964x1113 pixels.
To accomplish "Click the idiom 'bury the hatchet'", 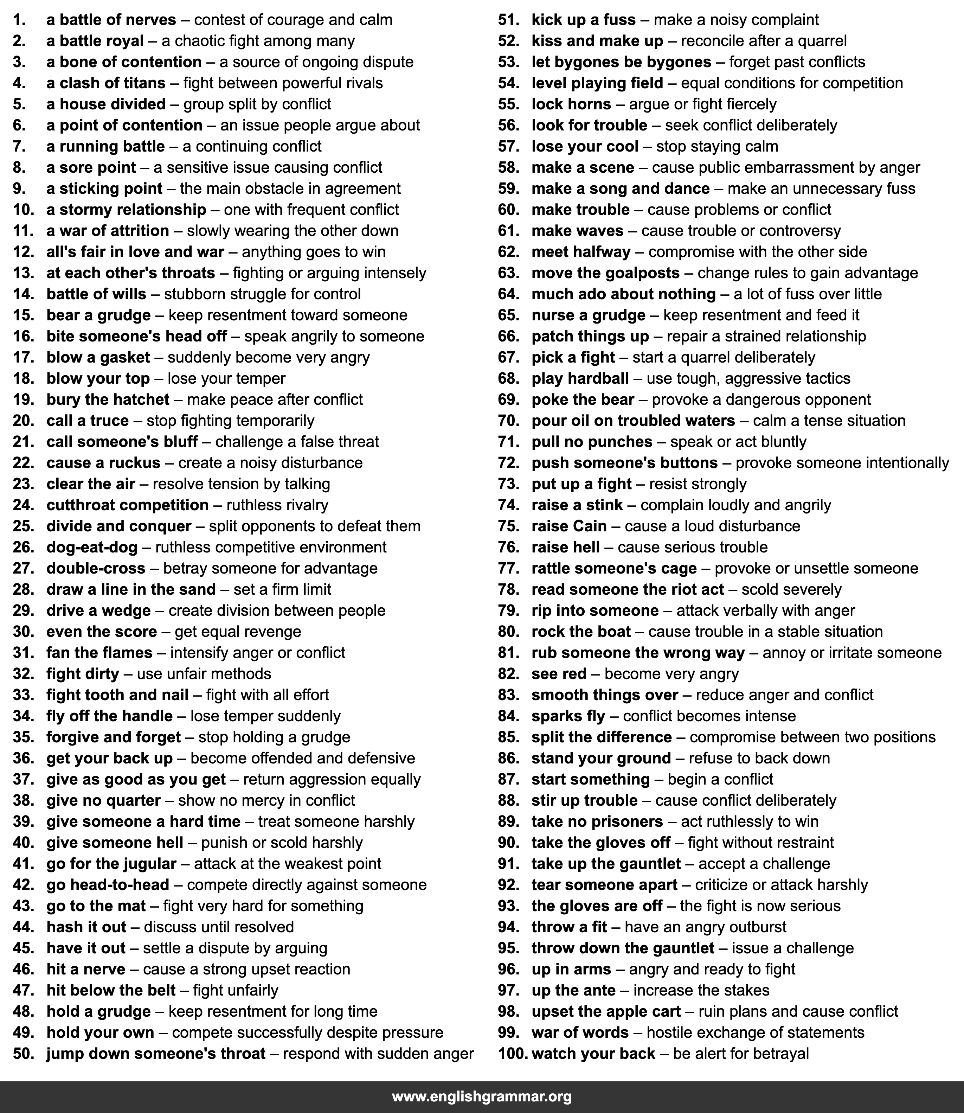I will pyautogui.click(x=108, y=400).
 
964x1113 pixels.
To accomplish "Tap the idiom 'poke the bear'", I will pyautogui.click(x=583, y=400).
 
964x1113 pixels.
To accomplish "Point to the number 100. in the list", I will pyautogui.click(x=512, y=1053).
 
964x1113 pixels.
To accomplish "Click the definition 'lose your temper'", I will pyautogui.click(x=226, y=379).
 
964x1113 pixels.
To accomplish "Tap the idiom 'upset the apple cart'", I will pyautogui.click(x=606, y=1011).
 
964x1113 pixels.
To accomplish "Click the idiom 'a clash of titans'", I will pyautogui.click(x=106, y=83).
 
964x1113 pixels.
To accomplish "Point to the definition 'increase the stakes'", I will pyautogui.click(x=701, y=990).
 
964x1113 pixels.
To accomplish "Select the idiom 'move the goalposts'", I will pyautogui.click(x=605, y=273).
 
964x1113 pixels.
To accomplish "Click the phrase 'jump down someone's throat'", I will pyautogui.click(x=155, y=1053).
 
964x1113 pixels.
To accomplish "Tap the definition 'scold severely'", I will pyautogui.click(x=791, y=590).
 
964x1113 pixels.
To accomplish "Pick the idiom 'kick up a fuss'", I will pyautogui.click(x=583, y=20).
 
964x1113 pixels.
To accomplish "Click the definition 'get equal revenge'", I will pyautogui.click(x=238, y=632).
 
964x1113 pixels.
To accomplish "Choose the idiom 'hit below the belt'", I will pyautogui.click(x=111, y=990).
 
